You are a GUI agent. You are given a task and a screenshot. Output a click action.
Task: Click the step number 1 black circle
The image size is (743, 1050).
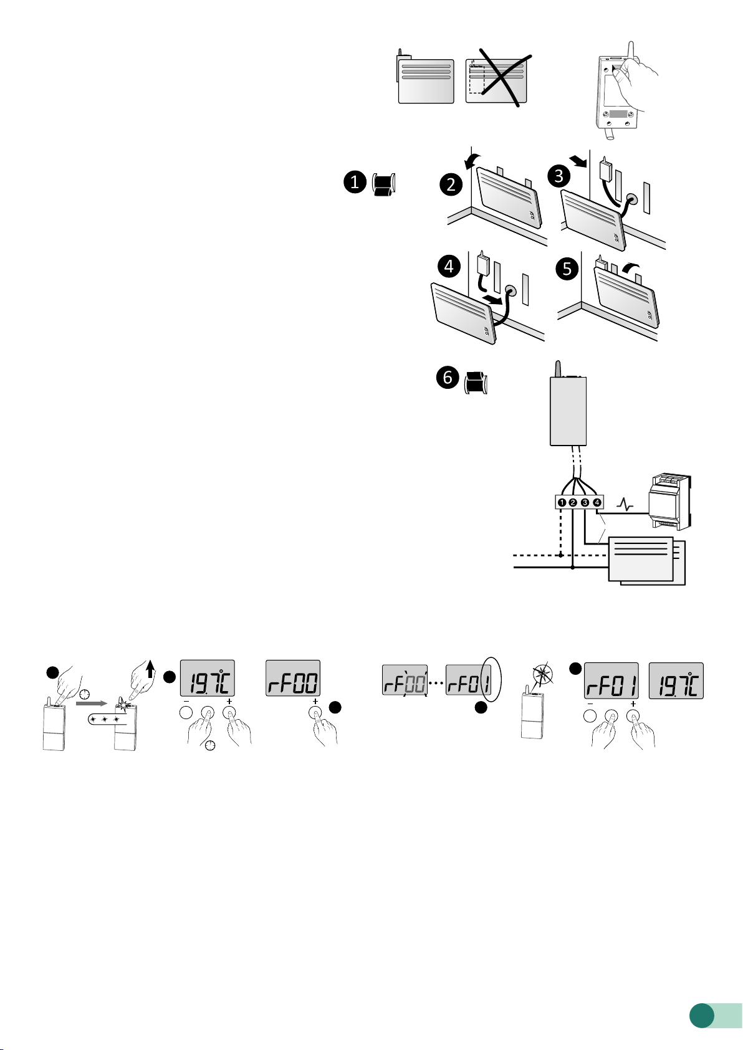355,183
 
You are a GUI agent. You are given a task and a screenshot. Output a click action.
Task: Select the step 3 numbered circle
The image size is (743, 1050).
559,176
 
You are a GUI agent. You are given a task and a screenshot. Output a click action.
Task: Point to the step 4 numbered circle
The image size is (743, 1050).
449,267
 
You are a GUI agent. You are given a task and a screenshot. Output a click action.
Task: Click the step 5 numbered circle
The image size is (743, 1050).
567,269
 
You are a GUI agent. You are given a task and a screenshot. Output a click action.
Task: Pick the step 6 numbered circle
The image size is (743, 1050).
448,378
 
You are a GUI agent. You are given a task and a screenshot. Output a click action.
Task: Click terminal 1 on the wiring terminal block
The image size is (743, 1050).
562,502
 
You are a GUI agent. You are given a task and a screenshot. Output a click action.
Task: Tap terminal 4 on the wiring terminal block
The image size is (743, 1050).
597,502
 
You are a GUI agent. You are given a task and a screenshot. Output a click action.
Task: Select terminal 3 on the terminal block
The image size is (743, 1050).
585,502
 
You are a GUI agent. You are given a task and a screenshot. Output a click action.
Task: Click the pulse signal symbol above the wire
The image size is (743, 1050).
625,505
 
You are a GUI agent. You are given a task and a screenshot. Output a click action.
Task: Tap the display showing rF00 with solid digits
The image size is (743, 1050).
293,679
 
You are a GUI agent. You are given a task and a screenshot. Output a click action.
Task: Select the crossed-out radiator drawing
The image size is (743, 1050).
497,80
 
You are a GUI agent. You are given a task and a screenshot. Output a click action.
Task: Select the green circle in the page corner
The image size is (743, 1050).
701,1015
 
